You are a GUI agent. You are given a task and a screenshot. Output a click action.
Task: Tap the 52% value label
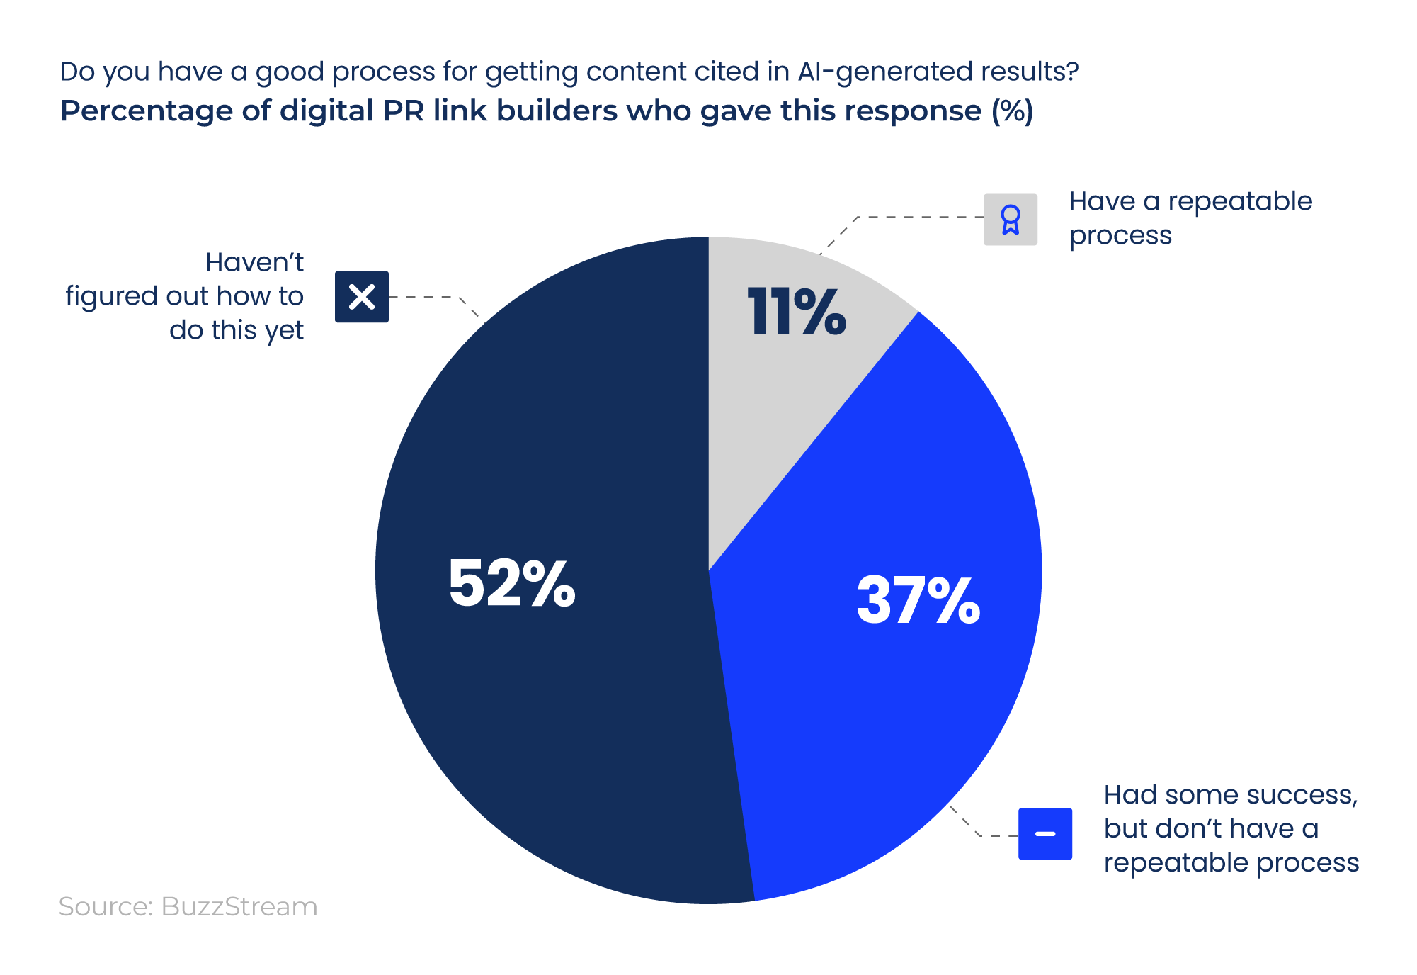(x=511, y=583)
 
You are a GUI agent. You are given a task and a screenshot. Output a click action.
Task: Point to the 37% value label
(x=918, y=600)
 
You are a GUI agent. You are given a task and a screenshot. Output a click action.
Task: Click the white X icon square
(x=362, y=297)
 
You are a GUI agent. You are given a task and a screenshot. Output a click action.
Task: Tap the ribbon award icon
(x=1011, y=220)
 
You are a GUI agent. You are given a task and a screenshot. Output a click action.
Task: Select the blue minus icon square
(x=1045, y=833)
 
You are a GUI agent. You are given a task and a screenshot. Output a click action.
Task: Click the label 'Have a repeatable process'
(x=1190, y=218)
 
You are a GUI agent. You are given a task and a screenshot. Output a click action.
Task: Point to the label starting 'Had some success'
(x=1231, y=828)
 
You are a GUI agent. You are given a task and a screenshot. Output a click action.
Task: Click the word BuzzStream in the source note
(x=239, y=907)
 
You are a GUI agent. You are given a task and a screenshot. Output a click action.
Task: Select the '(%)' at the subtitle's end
(x=1012, y=111)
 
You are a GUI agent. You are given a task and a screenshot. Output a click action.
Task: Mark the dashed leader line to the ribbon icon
(x=921, y=217)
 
